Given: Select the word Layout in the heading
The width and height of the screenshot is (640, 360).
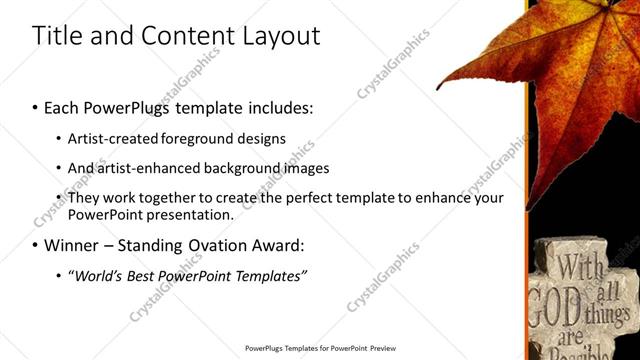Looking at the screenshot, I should (x=281, y=37).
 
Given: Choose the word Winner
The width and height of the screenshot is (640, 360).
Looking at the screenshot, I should (x=70, y=245).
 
